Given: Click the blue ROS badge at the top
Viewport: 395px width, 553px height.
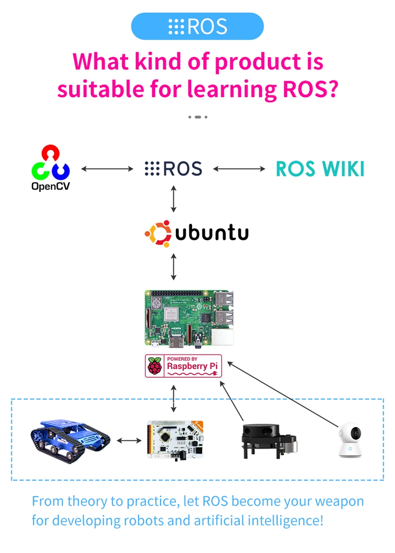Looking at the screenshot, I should tap(197, 26).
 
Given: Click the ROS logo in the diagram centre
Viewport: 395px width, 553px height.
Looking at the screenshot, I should tap(173, 169).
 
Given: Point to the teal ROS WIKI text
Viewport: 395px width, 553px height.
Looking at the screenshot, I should tap(320, 169).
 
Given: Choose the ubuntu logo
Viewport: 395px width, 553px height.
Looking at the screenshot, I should tap(197, 233).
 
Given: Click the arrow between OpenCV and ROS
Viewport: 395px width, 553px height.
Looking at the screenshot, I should tap(107, 169).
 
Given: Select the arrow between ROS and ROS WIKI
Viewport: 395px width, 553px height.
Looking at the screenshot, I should tap(239, 169).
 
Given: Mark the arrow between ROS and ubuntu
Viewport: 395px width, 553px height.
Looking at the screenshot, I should tap(173, 199).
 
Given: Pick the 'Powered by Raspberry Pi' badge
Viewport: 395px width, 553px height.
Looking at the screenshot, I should tap(183, 366).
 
